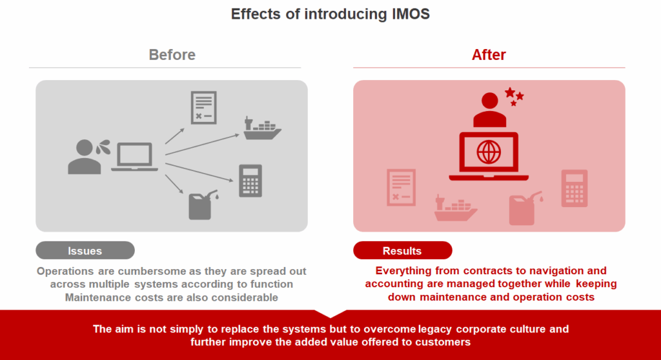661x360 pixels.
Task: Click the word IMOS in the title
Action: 411,14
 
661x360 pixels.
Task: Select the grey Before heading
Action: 172,55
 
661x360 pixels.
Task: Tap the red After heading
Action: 489,55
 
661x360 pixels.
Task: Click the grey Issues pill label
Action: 85,250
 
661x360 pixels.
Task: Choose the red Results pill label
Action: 402,250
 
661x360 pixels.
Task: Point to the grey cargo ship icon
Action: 262,128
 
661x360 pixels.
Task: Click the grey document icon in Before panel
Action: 203,108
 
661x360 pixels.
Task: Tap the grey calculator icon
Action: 250,181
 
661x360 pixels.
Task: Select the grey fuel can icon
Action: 202,205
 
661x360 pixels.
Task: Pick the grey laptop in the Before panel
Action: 134,157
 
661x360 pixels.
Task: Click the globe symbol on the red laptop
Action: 489,152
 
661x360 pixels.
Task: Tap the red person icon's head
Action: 489,101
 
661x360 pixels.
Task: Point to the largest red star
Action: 510,92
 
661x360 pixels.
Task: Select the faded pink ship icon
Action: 455,208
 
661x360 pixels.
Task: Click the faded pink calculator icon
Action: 574,188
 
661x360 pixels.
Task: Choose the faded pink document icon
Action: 401,188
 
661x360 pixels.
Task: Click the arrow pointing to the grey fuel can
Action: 174,185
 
